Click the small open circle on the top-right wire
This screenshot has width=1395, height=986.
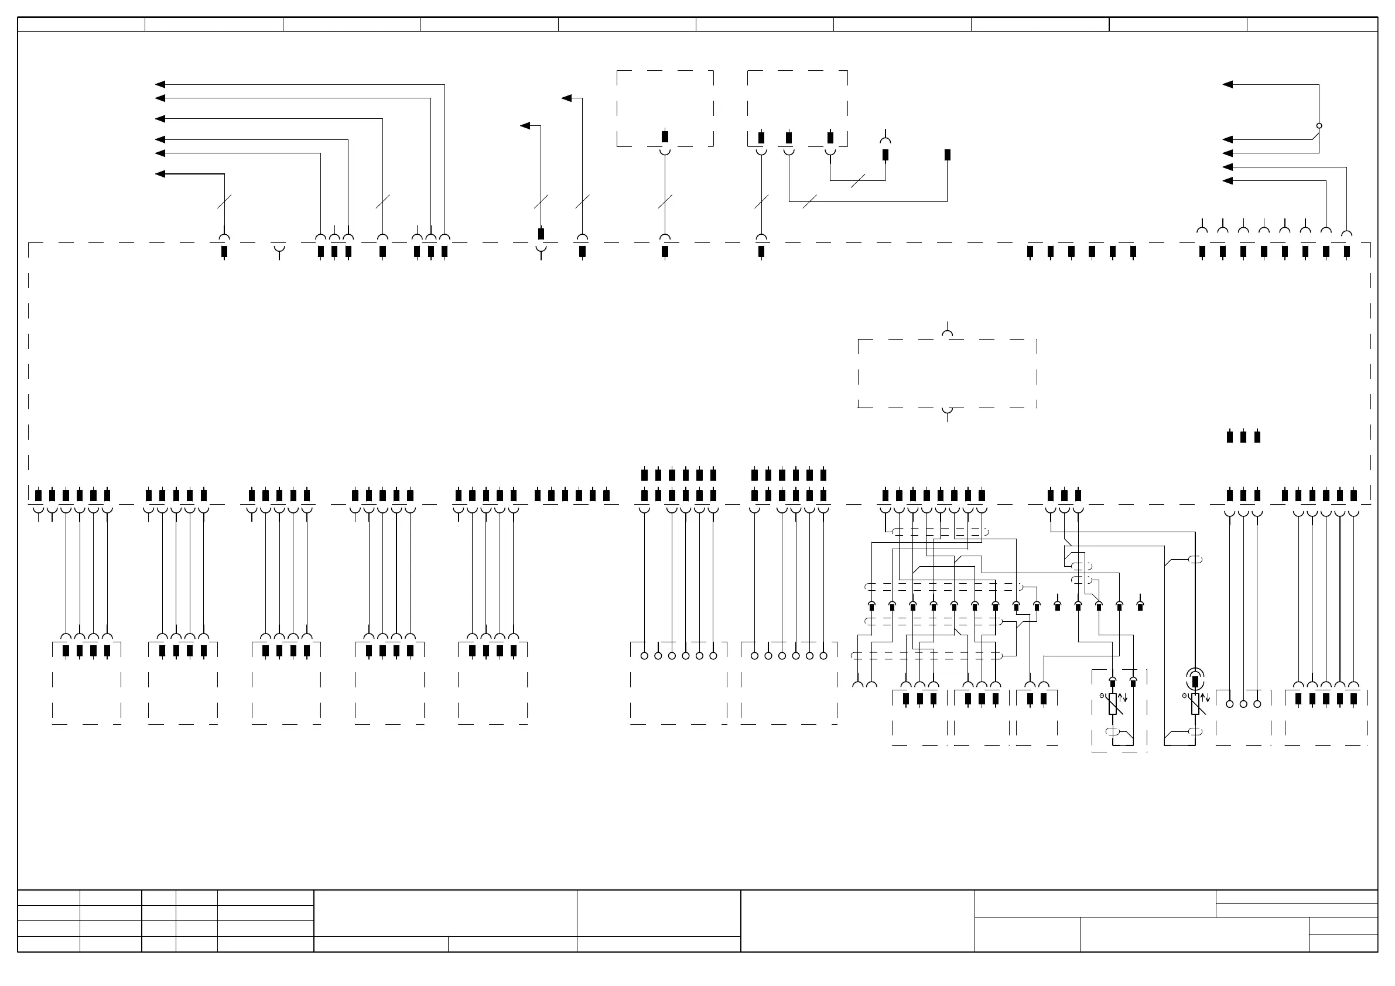click(1319, 126)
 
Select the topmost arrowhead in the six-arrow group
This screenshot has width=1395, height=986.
click(160, 84)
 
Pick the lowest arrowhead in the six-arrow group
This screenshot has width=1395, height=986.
click(160, 174)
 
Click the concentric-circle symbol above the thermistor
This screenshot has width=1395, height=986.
click(1195, 677)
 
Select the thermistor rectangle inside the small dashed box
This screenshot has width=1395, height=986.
click(1113, 704)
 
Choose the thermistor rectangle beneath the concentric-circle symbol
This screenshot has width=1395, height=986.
click(1195, 704)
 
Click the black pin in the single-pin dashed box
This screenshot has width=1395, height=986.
click(665, 136)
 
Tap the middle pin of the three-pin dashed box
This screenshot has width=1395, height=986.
click(789, 138)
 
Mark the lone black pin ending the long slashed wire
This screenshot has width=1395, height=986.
click(947, 155)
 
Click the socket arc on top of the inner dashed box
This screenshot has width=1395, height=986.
click(947, 334)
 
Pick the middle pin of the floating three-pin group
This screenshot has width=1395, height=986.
click(1243, 436)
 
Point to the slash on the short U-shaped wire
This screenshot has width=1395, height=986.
click(857, 180)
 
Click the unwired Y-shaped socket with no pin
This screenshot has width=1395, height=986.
click(279, 250)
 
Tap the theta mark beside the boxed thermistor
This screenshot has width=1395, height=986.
click(1102, 696)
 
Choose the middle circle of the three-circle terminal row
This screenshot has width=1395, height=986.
click(1243, 704)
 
